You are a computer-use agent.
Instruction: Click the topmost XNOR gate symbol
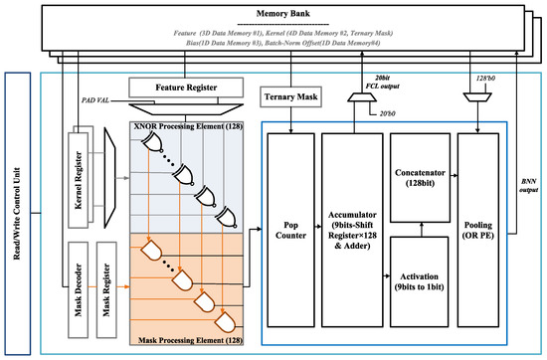click(153, 147)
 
